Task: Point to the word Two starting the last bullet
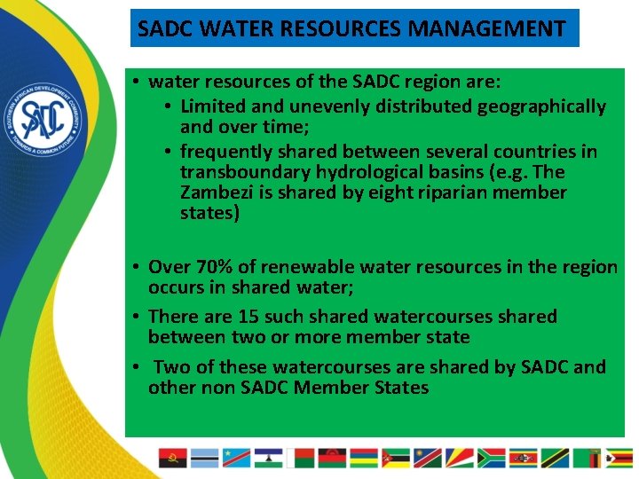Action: (170, 367)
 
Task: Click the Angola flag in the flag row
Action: (172, 458)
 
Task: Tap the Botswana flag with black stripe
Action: (204, 458)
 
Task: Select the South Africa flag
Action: (491, 458)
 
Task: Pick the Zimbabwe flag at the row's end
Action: (619, 458)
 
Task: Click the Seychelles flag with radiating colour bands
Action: (459, 458)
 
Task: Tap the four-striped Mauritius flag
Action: (363, 458)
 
